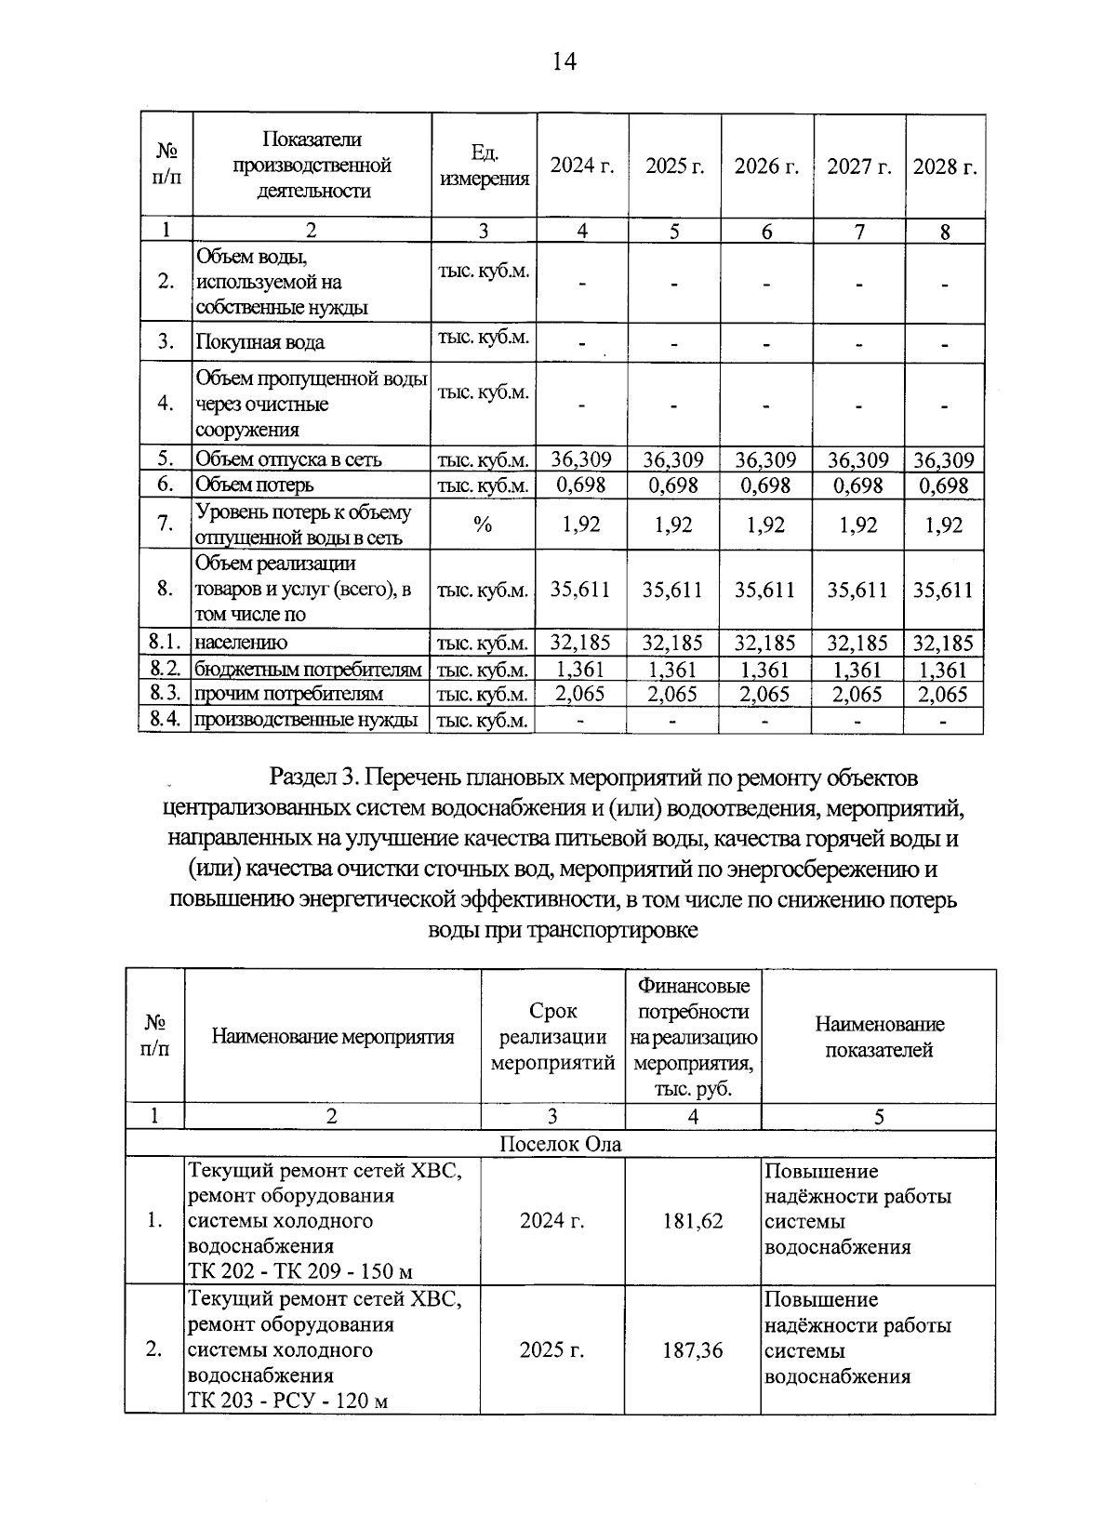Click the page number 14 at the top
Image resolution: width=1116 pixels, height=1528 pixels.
point(564,61)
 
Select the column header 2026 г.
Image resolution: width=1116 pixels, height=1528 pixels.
point(766,166)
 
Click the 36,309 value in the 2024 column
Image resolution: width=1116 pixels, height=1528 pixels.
point(581,459)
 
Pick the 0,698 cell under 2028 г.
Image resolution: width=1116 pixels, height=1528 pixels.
point(944,485)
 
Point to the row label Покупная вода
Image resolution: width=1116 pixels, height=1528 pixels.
point(259,342)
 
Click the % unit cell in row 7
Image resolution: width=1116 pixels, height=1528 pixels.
point(483,525)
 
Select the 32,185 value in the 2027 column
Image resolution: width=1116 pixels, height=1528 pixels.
point(857,643)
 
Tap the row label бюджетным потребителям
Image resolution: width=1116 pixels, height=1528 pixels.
point(308,670)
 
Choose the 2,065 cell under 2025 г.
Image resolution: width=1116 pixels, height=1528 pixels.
point(673,694)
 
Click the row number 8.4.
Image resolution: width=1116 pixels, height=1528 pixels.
point(165,719)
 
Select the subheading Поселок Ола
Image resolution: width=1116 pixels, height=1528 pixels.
point(560,1144)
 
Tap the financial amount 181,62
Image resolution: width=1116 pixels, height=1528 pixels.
point(693,1221)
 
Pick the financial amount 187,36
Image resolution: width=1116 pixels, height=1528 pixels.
point(693,1349)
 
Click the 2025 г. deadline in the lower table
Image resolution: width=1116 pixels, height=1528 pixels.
point(552,1349)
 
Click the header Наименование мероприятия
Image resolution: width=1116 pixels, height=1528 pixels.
point(333,1037)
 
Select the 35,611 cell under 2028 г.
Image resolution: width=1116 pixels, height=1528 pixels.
point(944,590)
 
